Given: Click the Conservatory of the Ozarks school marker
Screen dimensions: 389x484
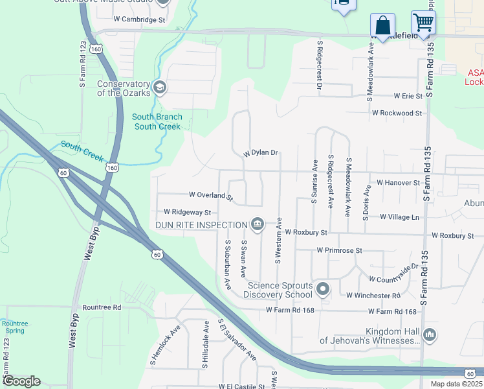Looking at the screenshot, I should pyautogui.click(x=159, y=87).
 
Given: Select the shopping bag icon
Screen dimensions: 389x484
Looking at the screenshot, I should pyautogui.click(x=382, y=25).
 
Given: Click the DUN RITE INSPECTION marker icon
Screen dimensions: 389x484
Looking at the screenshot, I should pyautogui.click(x=258, y=224).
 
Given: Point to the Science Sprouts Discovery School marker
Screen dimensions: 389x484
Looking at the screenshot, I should pyautogui.click(x=323, y=289).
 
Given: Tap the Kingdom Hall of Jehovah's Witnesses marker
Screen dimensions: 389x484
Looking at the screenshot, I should pyautogui.click(x=430, y=335).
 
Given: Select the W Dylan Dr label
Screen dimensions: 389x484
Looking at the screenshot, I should pyautogui.click(x=261, y=154).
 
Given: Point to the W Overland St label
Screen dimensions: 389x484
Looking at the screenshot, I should pyautogui.click(x=210, y=194).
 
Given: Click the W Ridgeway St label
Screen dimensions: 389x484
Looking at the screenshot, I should pyautogui.click(x=187, y=212).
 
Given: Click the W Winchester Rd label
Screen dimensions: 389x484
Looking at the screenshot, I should pyautogui.click(x=373, y=295).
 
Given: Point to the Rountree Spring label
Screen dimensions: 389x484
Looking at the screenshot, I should pyautogui.click(x=14, y=327).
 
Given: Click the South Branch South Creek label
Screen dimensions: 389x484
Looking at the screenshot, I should pyautogui.click(x=157, y=121).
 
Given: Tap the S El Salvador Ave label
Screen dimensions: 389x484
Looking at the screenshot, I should pyautogui.click(x=237, y=340).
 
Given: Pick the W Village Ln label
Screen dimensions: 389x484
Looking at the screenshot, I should pyautogui.click(x=399, y=217).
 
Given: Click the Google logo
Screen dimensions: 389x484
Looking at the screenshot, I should pyautogui.click(x=21, y=381).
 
